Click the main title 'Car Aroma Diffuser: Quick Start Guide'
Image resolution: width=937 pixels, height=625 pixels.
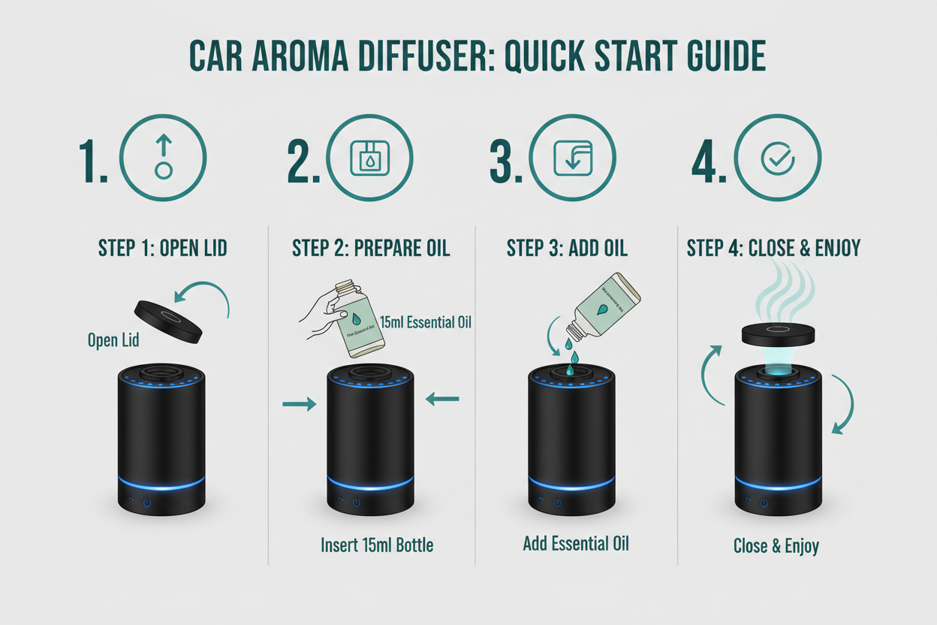(x=478, y=57)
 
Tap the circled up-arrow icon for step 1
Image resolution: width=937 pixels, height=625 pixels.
(x=163, y=158)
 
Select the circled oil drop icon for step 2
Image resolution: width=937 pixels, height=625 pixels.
(x=370, y=158)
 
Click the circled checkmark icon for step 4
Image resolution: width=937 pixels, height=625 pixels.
(x=777, y=158)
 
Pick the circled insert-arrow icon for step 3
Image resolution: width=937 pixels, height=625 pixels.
(x=572, y=158)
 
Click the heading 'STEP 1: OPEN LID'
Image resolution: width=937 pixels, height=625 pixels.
(x=164, y=249)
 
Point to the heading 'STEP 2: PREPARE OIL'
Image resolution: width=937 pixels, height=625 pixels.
(x=371, y=249)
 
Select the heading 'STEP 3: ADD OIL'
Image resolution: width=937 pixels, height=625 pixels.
(x=567, y=249)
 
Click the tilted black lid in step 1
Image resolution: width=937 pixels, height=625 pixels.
(x=169, y=321)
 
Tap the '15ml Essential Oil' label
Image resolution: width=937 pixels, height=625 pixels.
(x=426, y=323)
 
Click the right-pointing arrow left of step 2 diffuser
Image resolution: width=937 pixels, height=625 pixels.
(x=299, y=405)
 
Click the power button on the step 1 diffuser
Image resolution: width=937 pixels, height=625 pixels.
(x=148, y=503)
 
